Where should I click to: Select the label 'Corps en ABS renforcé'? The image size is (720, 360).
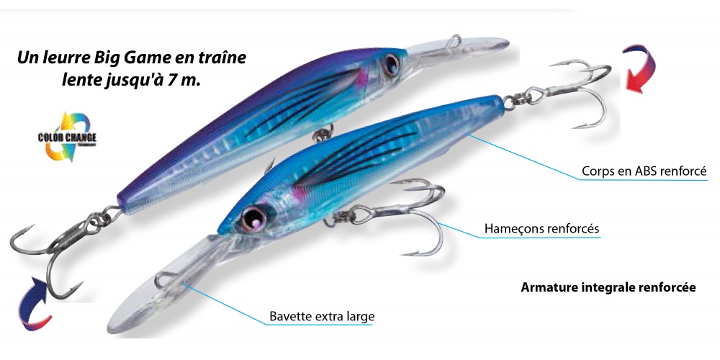(x=644, y=171)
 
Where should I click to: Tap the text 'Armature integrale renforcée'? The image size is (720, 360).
(x=608, y=287)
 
